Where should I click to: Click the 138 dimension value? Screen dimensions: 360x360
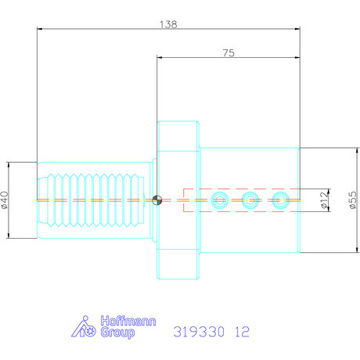tap(168, 23)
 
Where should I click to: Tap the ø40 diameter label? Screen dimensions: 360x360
tap(5, 200)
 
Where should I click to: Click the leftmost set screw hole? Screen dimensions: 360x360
tap(219, 200)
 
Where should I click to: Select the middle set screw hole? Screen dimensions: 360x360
tap(250, 200)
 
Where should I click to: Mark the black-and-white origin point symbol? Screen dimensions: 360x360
tap(158, 200)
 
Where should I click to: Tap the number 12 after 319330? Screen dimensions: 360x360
tap(241, 331)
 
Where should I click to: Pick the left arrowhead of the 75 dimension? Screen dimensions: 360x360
tap(160, 58)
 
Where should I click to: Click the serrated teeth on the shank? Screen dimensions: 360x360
tap(94, 200)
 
